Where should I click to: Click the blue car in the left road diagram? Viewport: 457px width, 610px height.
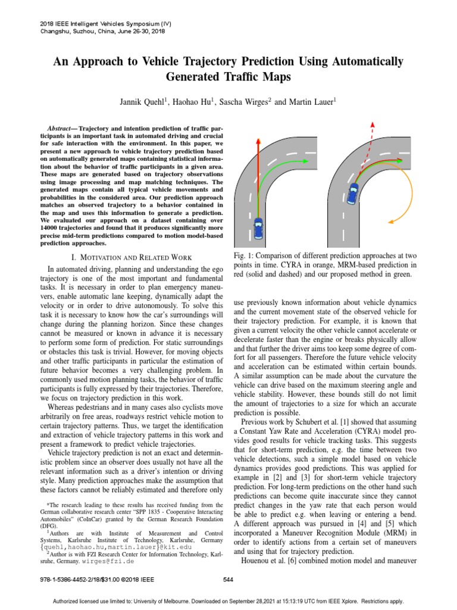click(x=258, y=229)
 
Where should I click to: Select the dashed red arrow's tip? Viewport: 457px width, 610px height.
click(x=373, y=123)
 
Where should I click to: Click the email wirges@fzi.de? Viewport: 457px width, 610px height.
click(x=112, y=561)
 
